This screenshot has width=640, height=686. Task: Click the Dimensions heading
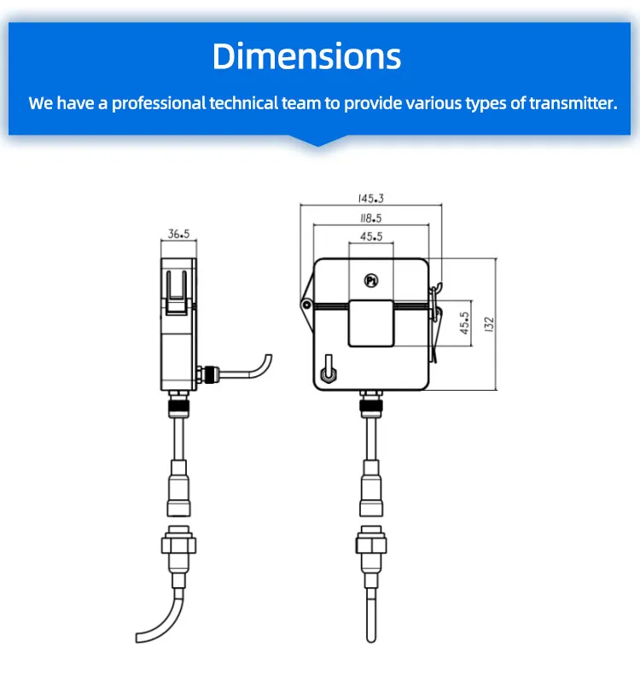click(x=306, y=56)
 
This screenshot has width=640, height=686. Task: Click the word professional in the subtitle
click(x=159, y=103)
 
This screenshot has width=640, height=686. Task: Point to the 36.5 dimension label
click(x=178, y=233)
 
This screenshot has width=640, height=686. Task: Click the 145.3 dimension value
click(x=370, y=198)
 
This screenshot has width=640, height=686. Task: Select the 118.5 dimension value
click(x=370, y=218)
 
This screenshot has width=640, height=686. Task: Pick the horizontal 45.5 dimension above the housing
click(x=370, y=237)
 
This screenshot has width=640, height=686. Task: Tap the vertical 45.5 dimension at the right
click(x=465, y=323)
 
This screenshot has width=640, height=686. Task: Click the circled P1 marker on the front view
click(x=370, y=280)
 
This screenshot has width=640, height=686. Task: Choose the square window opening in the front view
click(x=370, y=323)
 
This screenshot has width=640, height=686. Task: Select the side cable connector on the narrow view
click(x=208, y=373)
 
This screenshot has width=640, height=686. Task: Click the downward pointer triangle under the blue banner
click(x=319, y=140)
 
